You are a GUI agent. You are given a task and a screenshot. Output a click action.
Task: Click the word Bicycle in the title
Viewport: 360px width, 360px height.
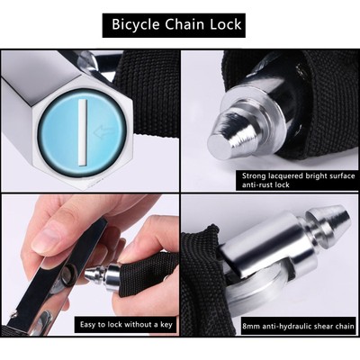click(137, 24)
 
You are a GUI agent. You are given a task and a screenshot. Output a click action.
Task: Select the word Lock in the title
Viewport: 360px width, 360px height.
click(227, 24)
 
